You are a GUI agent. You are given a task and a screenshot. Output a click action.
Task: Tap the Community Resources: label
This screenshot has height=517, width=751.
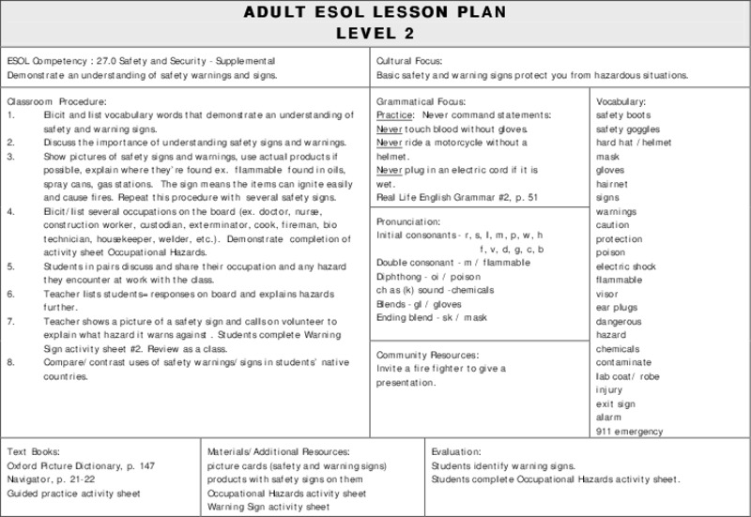(427, 356)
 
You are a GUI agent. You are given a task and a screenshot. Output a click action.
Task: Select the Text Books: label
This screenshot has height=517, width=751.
(34, 451)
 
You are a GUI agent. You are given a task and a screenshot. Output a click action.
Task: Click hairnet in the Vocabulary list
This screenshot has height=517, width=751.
(614, 185)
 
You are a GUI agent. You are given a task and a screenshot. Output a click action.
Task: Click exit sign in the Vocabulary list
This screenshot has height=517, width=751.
(616, 403)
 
